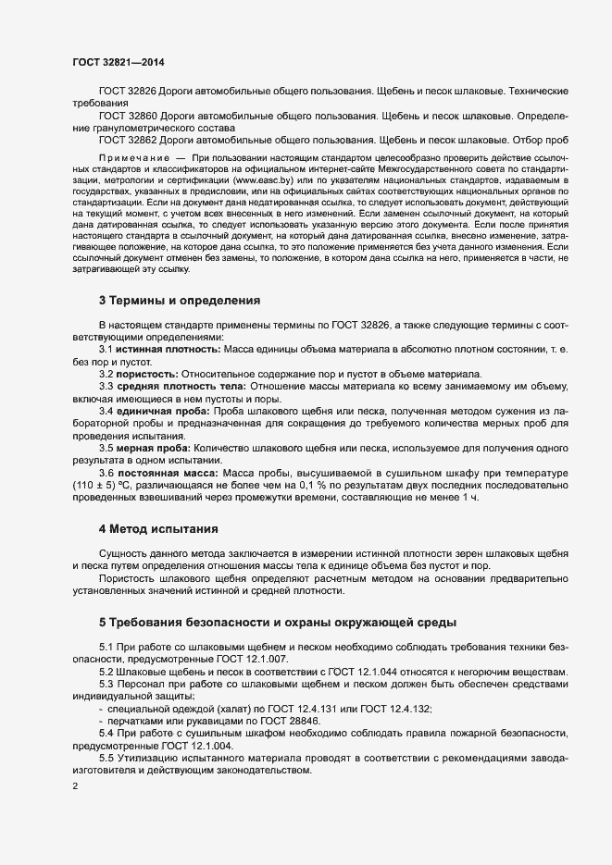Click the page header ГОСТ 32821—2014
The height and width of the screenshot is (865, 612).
point(119,61)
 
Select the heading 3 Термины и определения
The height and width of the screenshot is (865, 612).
point(179,301)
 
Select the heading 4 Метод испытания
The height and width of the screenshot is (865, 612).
point(157,530)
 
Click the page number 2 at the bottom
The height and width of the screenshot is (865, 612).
point(75,786)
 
